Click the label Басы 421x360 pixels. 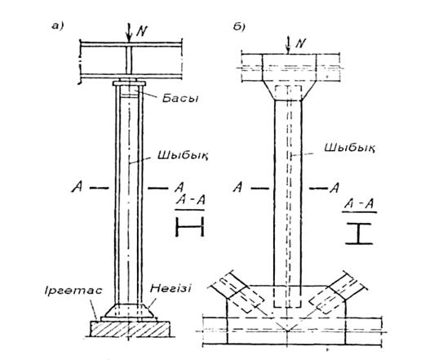coord(180,99)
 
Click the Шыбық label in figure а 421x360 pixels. coord(183,156)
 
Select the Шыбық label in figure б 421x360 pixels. coord(350,149)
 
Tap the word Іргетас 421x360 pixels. coord(73,291)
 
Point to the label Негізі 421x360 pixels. coord(171,288)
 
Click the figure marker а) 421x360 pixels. coord(57,26)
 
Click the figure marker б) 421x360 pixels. coord(239,27)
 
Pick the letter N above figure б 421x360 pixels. coord(300,43)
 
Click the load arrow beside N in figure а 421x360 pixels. coord(129,33)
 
